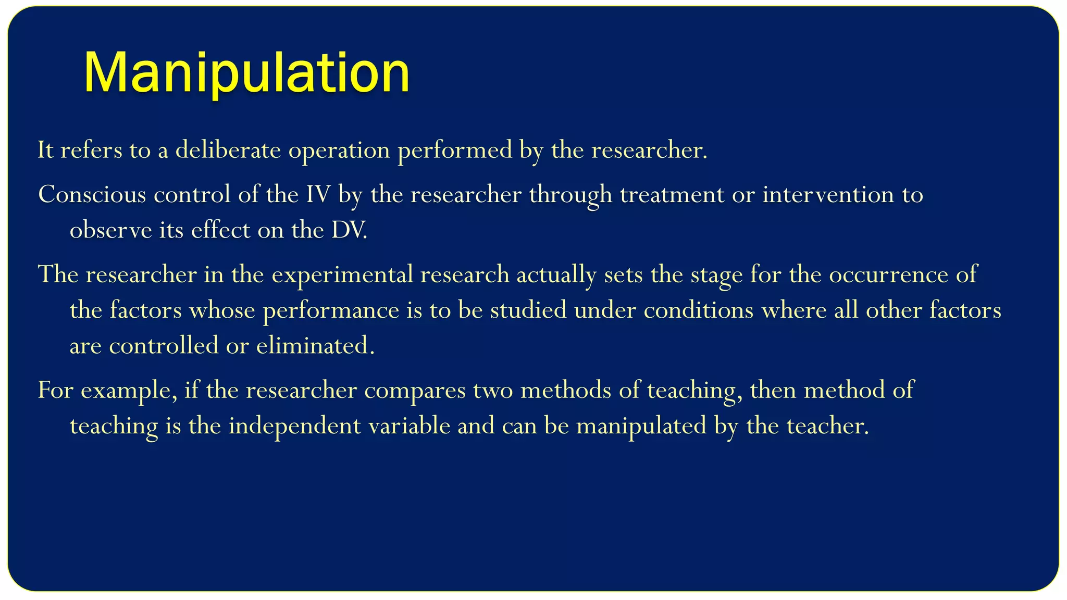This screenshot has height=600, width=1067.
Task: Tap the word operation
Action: pyautogui.click(x=339, y=151)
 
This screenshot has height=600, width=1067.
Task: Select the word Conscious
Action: pyautogui.click(x=92, y=195)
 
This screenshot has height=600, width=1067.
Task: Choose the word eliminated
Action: pyautogui.click(x=315, y=346)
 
